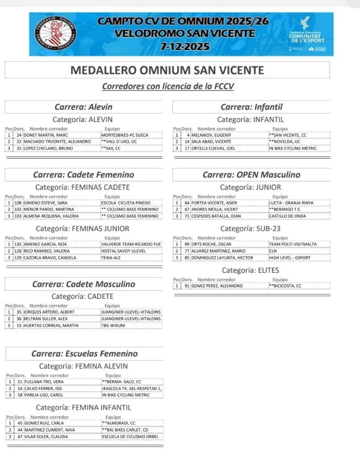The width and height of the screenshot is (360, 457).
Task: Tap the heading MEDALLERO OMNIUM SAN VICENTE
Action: tap(167, 71)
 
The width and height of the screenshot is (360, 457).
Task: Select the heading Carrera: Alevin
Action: tap(83, 107)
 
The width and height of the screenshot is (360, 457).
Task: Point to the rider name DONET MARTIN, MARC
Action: tap(45, 134)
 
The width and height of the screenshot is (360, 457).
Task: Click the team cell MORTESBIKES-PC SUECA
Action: tap(125, 134)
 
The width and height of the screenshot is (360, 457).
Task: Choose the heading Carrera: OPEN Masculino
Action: tap(251, 175)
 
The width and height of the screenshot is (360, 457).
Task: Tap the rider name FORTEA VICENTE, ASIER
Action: tap(214, 203)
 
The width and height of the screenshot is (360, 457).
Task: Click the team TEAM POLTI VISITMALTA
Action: tap(293, 244)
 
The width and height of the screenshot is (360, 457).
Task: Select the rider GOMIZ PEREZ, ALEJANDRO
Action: tap(217, 286)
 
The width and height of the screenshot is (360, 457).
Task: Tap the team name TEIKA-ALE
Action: tap(112, 258)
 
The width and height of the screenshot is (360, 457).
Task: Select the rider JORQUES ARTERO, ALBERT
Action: tap(49, 312)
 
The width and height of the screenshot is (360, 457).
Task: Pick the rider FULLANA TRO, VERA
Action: tap(43, 382)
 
